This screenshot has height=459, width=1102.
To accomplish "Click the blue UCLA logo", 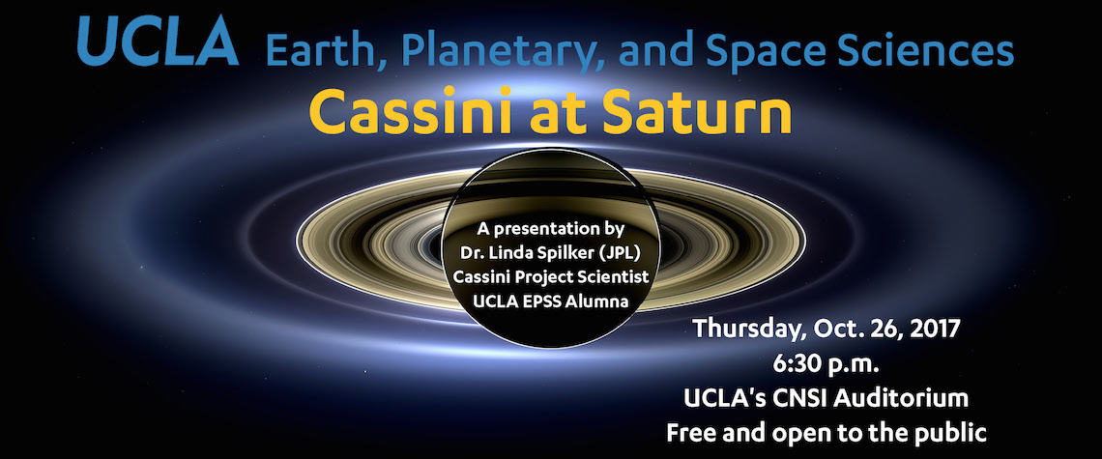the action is point(159,41).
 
